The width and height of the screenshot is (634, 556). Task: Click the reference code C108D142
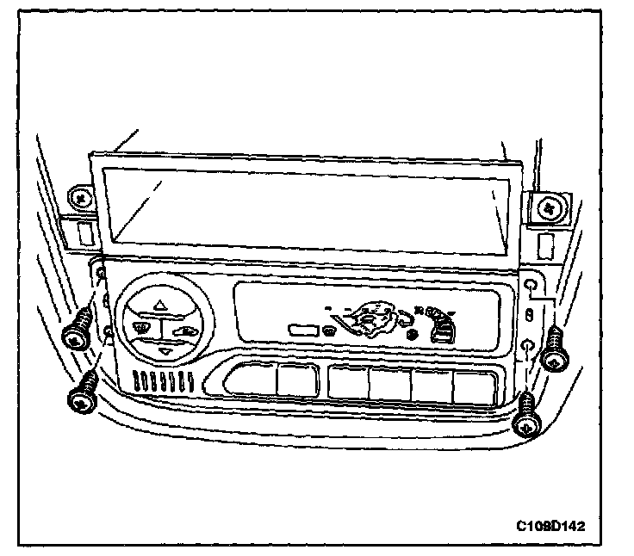pos(556,524)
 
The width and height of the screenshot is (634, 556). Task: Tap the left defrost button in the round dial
pos(140,327)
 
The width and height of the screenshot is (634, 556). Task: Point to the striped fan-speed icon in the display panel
pos(443,327)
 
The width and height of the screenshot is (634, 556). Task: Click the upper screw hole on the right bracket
pos(531,286)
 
